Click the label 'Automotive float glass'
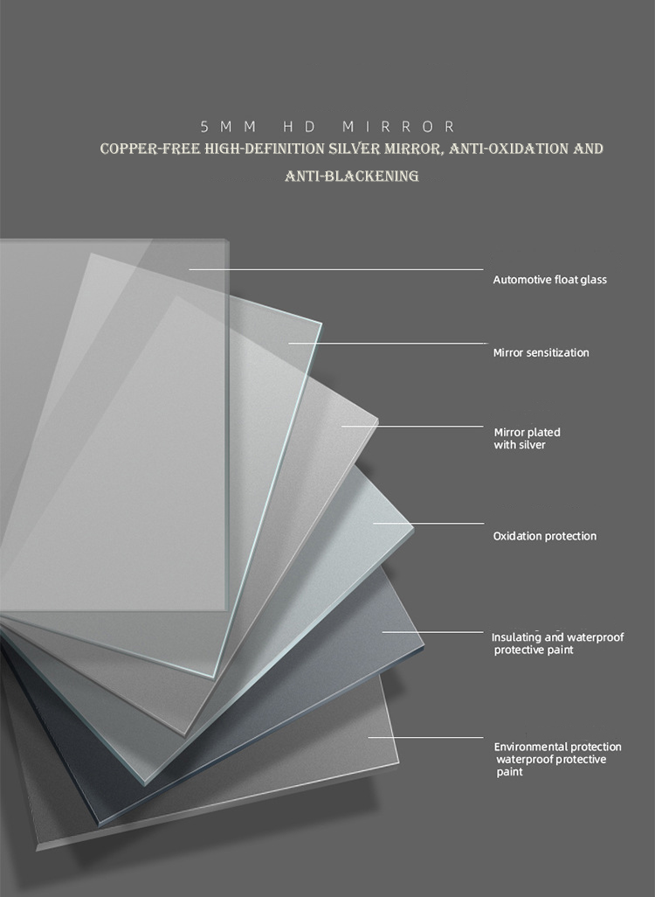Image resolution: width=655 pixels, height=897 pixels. (550, 280)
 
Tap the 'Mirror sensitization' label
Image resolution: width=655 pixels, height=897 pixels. (541, 352)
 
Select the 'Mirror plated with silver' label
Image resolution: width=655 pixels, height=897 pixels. (527, 438)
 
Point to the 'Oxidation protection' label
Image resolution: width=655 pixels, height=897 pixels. (545, 536)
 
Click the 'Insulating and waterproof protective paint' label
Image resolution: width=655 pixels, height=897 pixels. (558, 643)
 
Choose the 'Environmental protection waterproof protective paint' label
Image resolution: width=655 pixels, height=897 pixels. (558, 759)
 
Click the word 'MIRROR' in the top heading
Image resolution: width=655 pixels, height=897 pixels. (398, 127)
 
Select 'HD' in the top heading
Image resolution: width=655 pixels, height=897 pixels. (300, 127)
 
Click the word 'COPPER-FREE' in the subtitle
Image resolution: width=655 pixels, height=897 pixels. (150, 149)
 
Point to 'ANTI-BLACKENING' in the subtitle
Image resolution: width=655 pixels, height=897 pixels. (351, 177)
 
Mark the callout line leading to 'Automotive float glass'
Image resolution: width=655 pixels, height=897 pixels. (336, 269)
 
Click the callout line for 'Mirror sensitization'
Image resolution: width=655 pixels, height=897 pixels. (388, 344)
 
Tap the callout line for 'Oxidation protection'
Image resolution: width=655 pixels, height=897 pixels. (429, 523)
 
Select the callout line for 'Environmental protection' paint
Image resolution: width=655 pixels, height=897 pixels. (426, 737)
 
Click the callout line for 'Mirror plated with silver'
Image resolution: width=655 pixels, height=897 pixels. (413, 426)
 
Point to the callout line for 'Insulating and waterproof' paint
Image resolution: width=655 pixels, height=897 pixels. (432, 631)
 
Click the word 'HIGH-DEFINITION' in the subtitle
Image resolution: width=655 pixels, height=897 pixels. (265, 149)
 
